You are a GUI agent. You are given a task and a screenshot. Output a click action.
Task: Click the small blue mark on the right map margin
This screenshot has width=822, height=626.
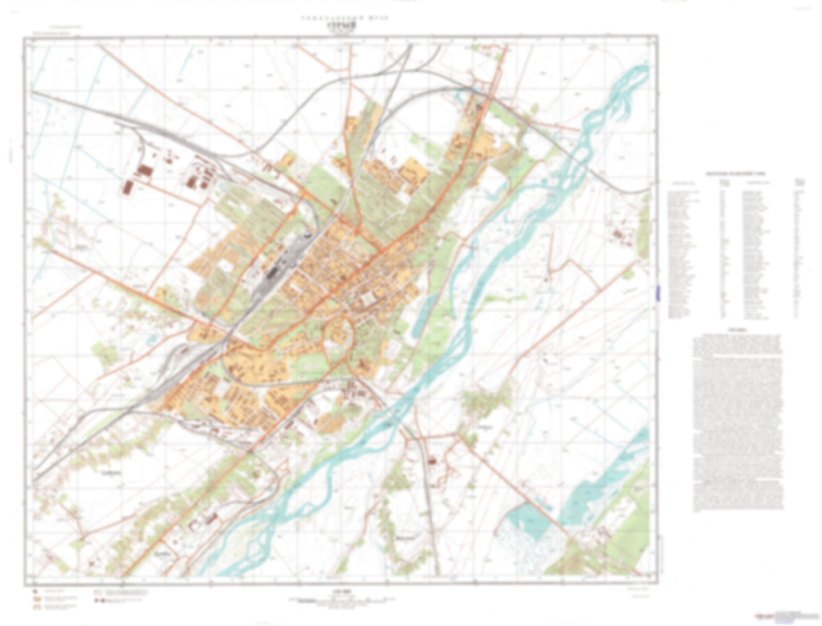659,293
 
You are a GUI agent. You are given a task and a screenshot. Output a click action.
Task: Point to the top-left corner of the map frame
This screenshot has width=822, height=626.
24,39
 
